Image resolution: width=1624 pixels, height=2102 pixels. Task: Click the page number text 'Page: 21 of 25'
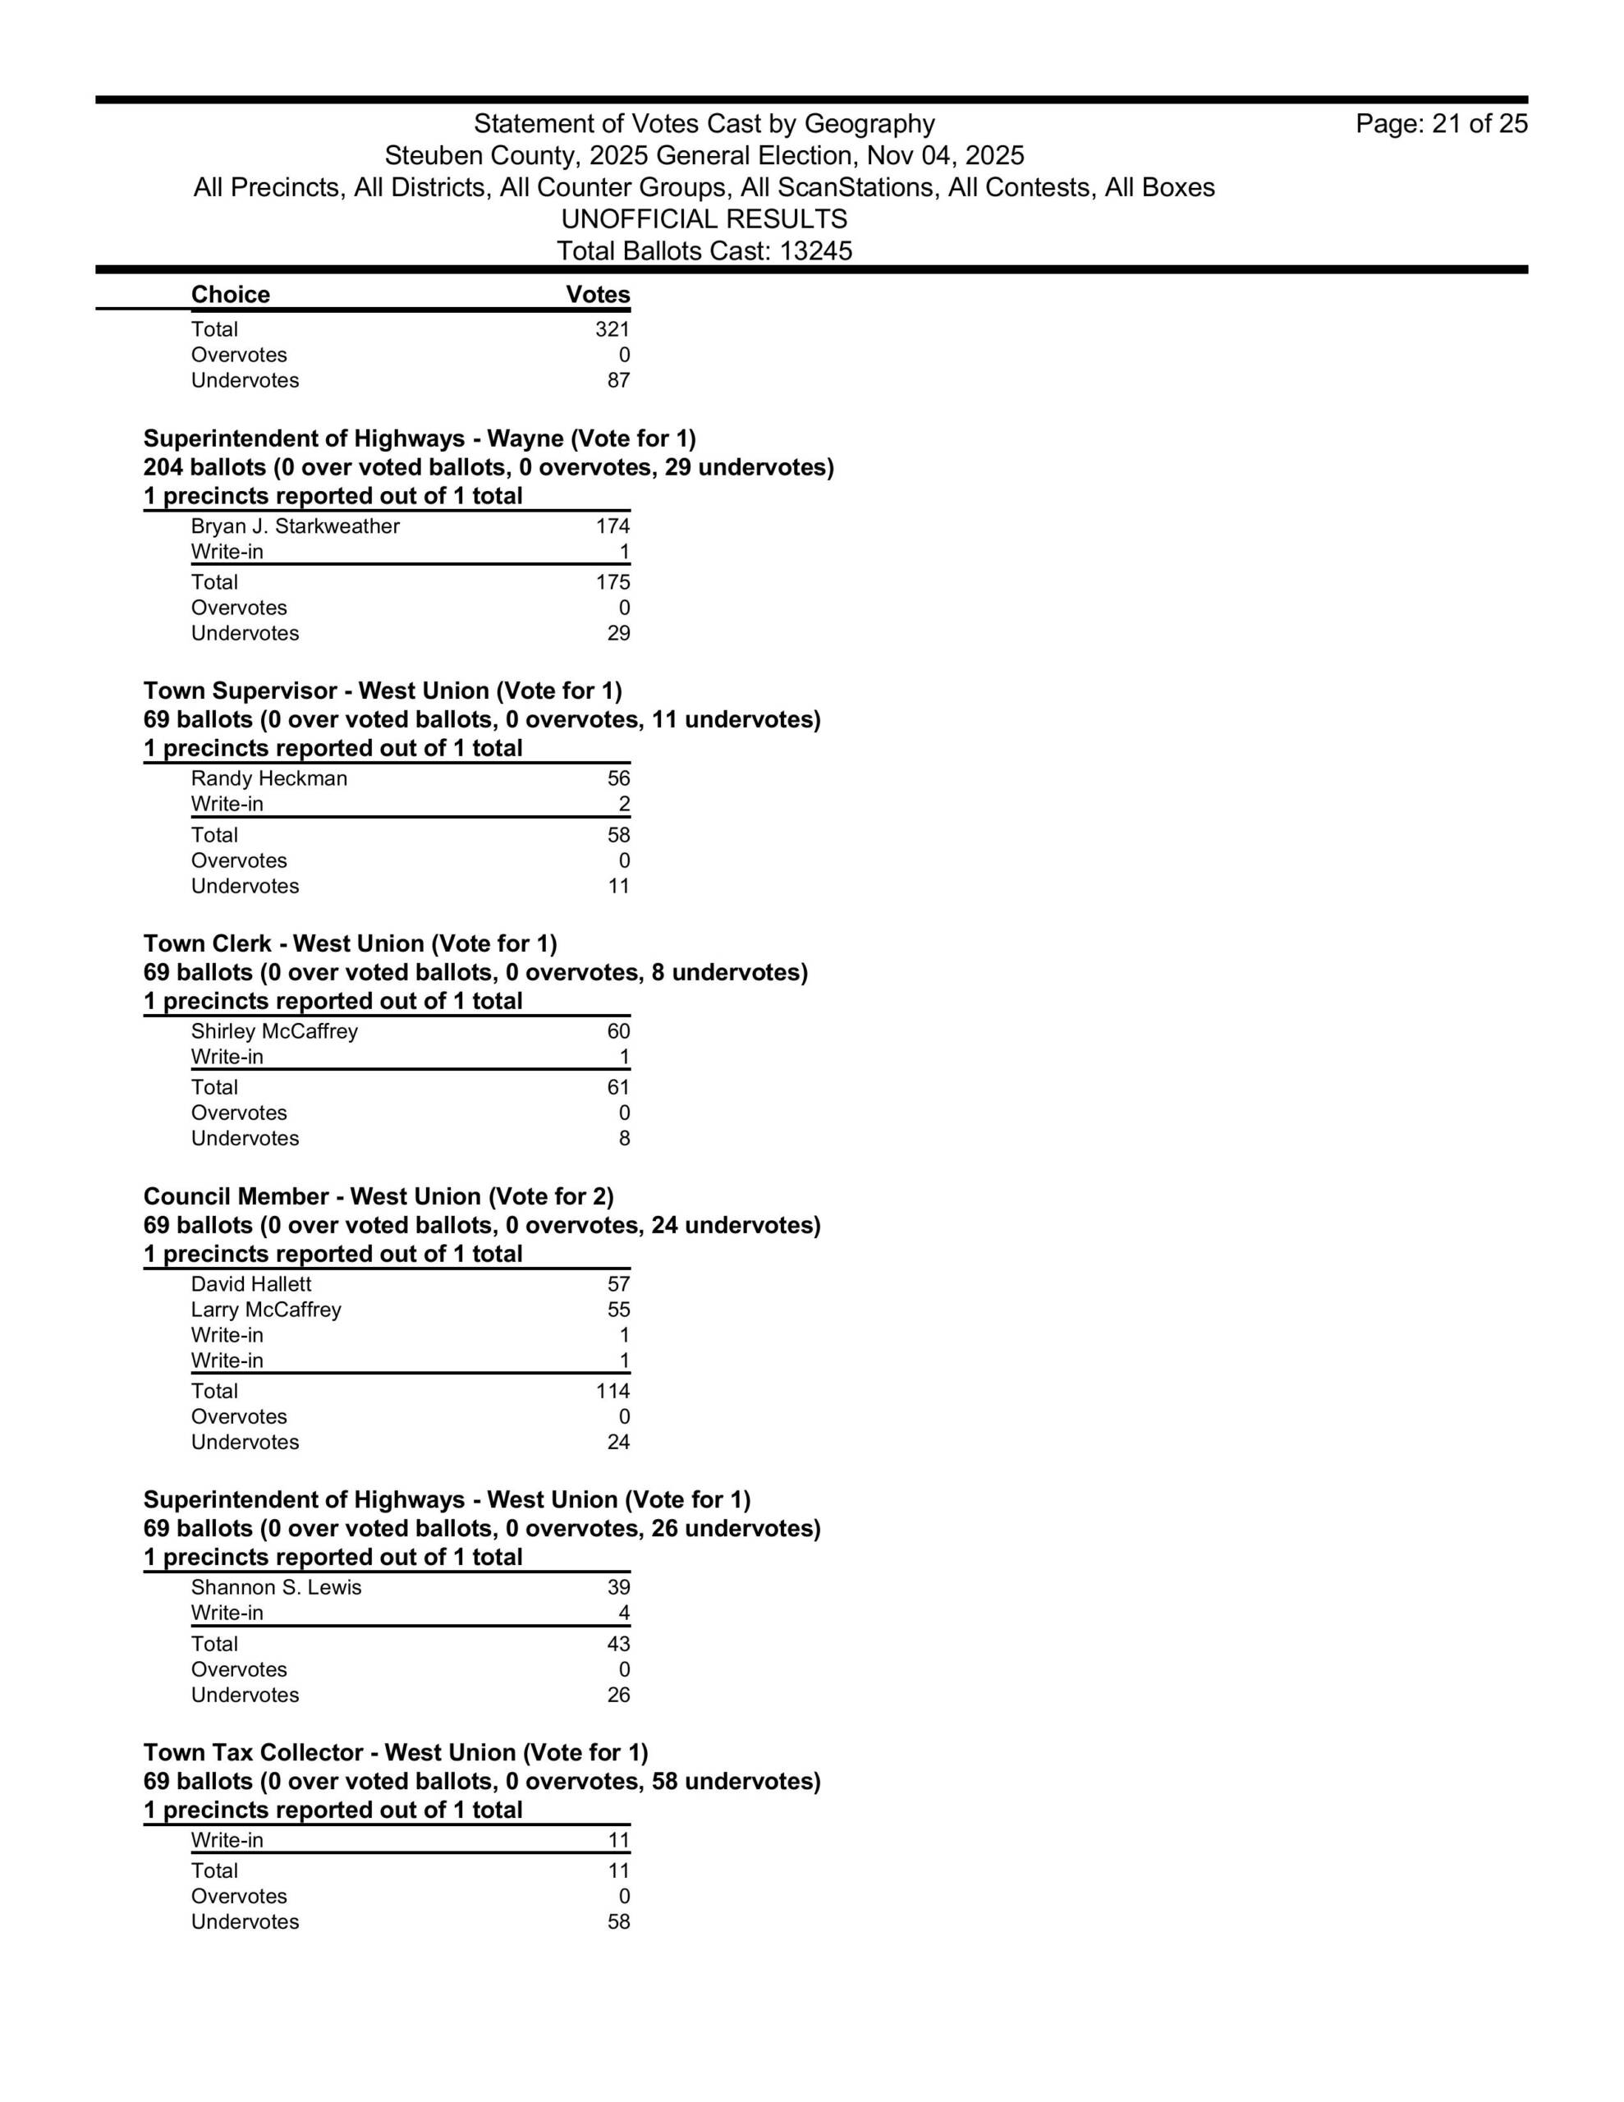click(x=1441, y=124)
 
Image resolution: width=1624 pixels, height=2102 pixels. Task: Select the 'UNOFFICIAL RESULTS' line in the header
click(x=704, y=219)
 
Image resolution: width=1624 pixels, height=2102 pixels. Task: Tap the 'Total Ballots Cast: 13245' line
click(x=704, y=251)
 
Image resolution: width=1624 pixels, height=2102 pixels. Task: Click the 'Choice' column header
click(x=230, y=295)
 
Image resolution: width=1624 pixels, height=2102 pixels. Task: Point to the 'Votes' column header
click(x=598, y=295)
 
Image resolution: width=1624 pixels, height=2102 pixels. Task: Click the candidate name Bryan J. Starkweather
click(x=295, y=526)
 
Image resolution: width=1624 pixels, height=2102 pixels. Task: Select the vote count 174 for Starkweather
click(x=612, y=526)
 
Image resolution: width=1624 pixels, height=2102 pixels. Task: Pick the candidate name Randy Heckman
click(x=268, y=778)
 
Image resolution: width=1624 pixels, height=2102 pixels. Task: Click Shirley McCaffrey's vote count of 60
click(x=618, y=1032)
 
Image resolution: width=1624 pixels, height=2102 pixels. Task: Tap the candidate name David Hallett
click(x=250, y=1284)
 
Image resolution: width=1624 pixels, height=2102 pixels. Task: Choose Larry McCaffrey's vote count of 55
click(x=618, y=1310)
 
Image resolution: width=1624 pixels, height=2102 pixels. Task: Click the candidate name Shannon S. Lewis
click(x=277, y=1587)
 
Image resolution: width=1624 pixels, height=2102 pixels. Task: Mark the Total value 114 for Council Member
click(x=612, y=1391)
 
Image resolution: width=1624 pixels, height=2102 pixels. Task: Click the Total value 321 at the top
click(x=612, y=329)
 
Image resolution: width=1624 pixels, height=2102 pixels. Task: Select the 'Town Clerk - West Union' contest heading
click(x=351, y=944)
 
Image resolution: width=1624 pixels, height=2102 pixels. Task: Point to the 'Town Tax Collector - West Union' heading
click(x=396, y=1753)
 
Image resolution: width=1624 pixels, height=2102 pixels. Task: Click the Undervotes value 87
click(x=618, y=380)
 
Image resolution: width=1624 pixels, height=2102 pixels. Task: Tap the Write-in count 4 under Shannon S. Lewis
click(x=624, y=1613)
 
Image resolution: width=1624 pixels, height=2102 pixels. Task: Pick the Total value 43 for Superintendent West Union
click(x=618, y=1644)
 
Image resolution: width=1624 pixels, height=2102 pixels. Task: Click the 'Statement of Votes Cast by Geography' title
click(x=704, y=124)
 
